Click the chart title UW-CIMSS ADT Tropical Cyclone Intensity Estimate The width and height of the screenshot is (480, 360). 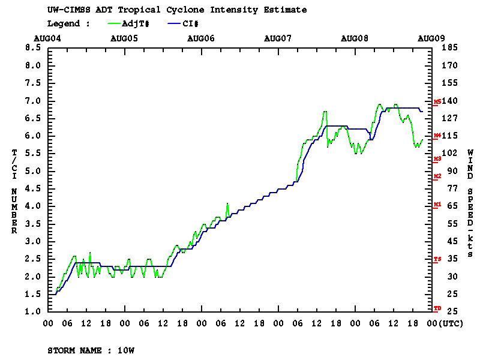coord(176,10)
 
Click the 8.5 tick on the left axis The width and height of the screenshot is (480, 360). coord(32,48)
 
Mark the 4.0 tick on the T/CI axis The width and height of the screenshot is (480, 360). coord(32,206)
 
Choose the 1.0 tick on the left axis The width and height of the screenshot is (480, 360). coord(32,312)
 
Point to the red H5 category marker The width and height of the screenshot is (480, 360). coord(437,102)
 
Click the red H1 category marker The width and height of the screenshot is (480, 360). coord(437,205)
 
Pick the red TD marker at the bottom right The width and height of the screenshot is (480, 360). coord(437,308)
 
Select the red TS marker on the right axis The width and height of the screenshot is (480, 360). coord(437,259)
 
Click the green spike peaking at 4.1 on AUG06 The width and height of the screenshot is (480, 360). coord(227,203)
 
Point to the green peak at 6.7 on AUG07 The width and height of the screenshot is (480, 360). coord(325,112)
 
